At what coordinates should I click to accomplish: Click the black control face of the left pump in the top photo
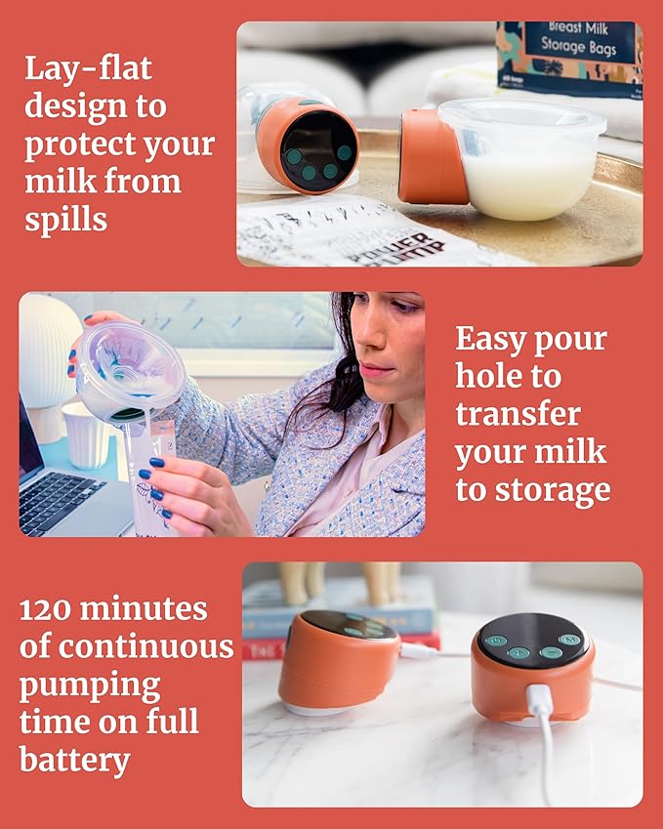coord(317,148)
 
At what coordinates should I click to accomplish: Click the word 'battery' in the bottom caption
coord(74,761)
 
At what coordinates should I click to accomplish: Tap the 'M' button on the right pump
coord(573,641)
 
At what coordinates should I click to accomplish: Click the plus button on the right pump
coord(518,653)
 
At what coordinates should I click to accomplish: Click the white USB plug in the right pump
coord(538,702)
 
